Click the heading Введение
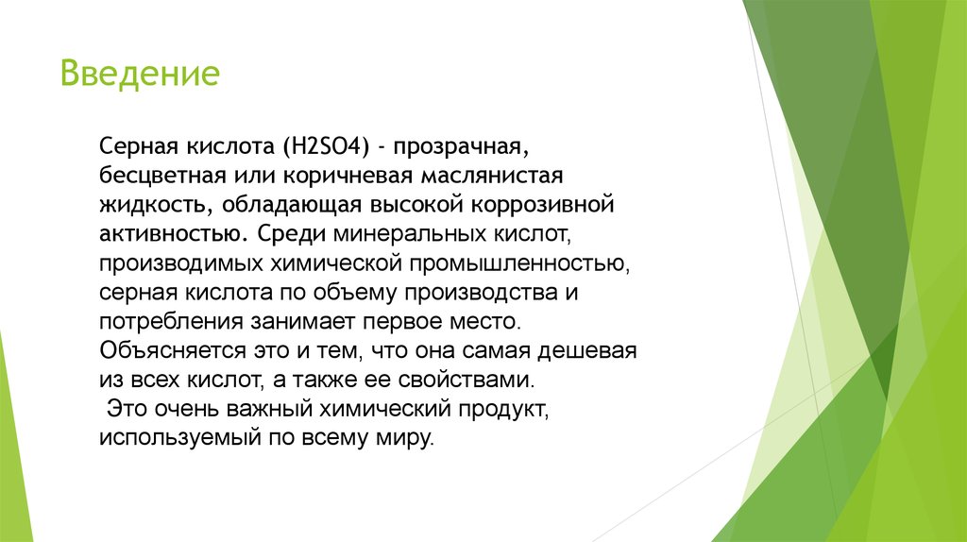(140, 73)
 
